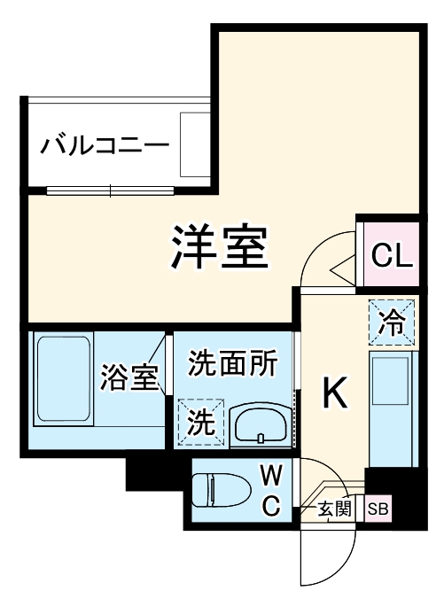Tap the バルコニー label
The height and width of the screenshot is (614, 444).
(104, 144)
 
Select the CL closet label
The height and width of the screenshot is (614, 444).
(391, 256)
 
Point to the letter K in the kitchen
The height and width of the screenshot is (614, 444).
(333, 394)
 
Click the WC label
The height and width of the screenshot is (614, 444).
(270, 491)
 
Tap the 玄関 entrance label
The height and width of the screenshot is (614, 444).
(336, 509)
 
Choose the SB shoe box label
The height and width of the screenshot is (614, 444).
(378, 509)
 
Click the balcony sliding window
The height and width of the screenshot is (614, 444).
(111, 190)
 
